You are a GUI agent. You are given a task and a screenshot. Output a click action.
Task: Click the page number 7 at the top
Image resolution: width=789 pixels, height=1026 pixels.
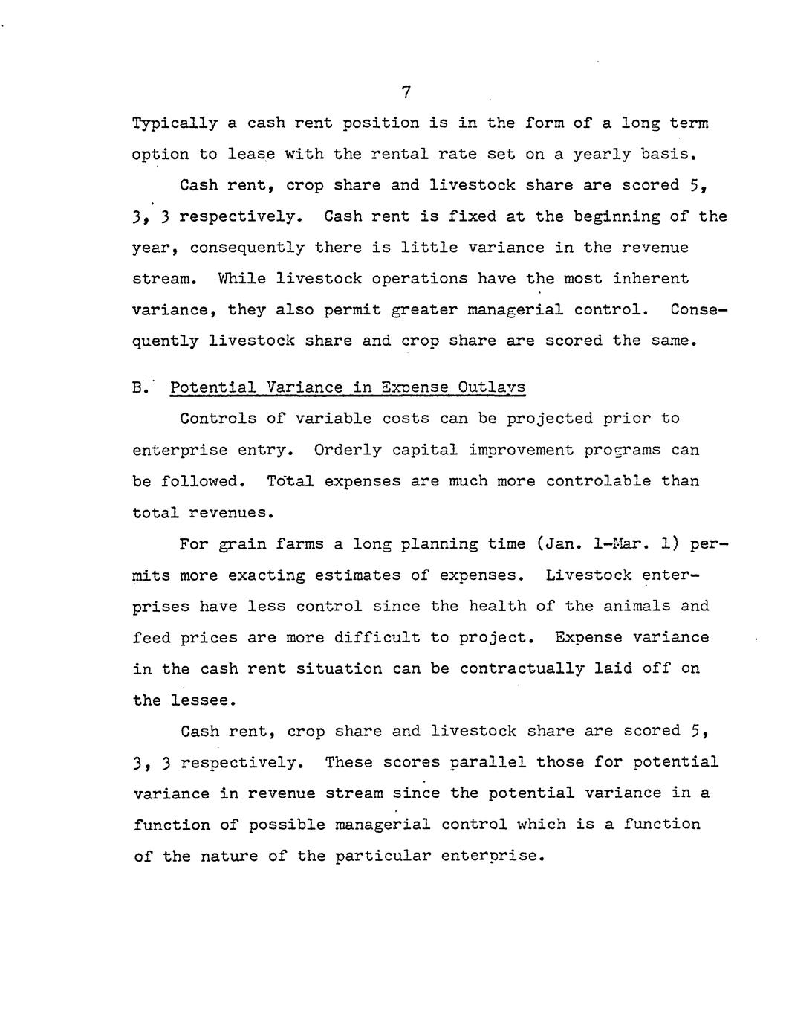pyautogui.click(x=406, y=92)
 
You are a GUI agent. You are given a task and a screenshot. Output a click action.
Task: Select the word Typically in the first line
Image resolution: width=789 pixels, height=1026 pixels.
pyautogui.click(x=175, y=123)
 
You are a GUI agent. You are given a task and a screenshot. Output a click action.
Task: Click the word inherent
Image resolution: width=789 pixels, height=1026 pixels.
pyautogui.click(x=650, y=279)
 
